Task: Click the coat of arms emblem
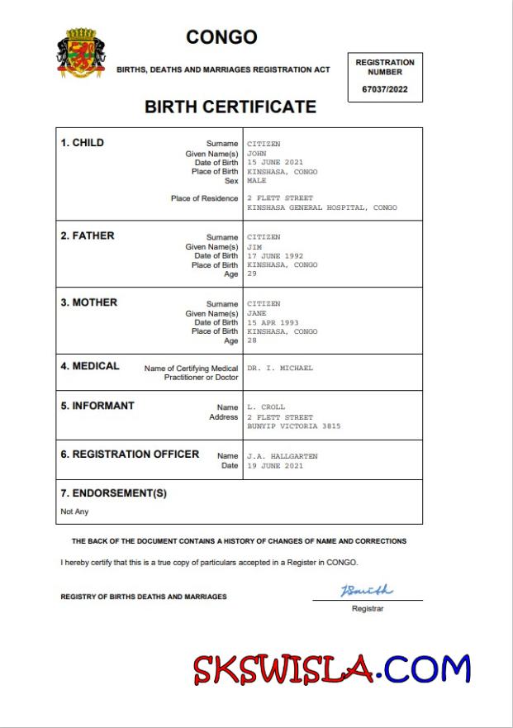(x=81, y=53)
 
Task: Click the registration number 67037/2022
(x=385, y=89)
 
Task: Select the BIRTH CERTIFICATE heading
(x=230, y=107)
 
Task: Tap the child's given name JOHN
(x=257, y=154)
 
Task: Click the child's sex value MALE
(x=257, y=181)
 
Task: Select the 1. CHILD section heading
(x=83, y=143)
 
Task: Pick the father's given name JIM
(x=254, y=247)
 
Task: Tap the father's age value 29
(x=252, y=274)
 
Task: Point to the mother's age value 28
(x=252, y=340)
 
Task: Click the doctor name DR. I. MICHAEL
(x=280, y=368)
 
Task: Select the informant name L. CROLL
(x=266, y=407)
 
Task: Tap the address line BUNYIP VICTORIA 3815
(x=293, y=426)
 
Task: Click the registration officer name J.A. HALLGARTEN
(x=282, y=456)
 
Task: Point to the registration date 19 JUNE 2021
(x=275, y=466)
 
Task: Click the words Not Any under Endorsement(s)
(x=74, y=512)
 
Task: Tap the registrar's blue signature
(x=367, y=591)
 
